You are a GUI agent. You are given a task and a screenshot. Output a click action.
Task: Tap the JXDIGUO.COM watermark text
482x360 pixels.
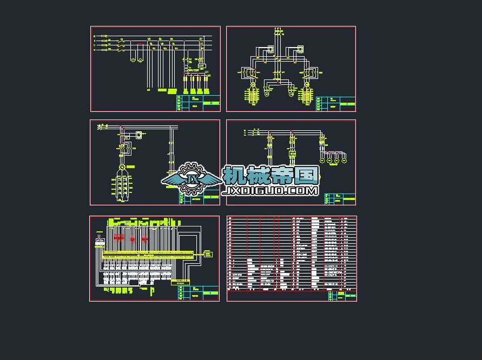pyautogui.click(x=270, y=191)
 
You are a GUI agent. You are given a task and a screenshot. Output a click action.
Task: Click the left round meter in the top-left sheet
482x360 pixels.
pyautogui.click(x=131, y=60)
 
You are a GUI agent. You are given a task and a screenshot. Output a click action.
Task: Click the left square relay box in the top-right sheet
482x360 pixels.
pyautogui.click(x=270, y=50)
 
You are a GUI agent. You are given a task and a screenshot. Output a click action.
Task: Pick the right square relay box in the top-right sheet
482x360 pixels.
pyautogui.click(x=300, y=50)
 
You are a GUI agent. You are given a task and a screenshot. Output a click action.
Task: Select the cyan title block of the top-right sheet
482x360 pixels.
pyautogui.click(x=341, y=102)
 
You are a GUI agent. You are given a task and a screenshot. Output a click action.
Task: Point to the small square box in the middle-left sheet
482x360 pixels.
pyautogui.click(x=139, y=135)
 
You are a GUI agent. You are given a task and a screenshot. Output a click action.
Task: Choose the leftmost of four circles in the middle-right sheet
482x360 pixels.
pyautogui.click(x=322, y=161)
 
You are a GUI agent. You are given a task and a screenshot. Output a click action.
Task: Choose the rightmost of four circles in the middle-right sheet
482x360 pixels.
pyautogui.click(x=344, y=161)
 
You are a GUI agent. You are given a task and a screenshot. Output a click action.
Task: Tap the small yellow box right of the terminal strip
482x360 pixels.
pyautogui.click(x=207, y=254)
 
